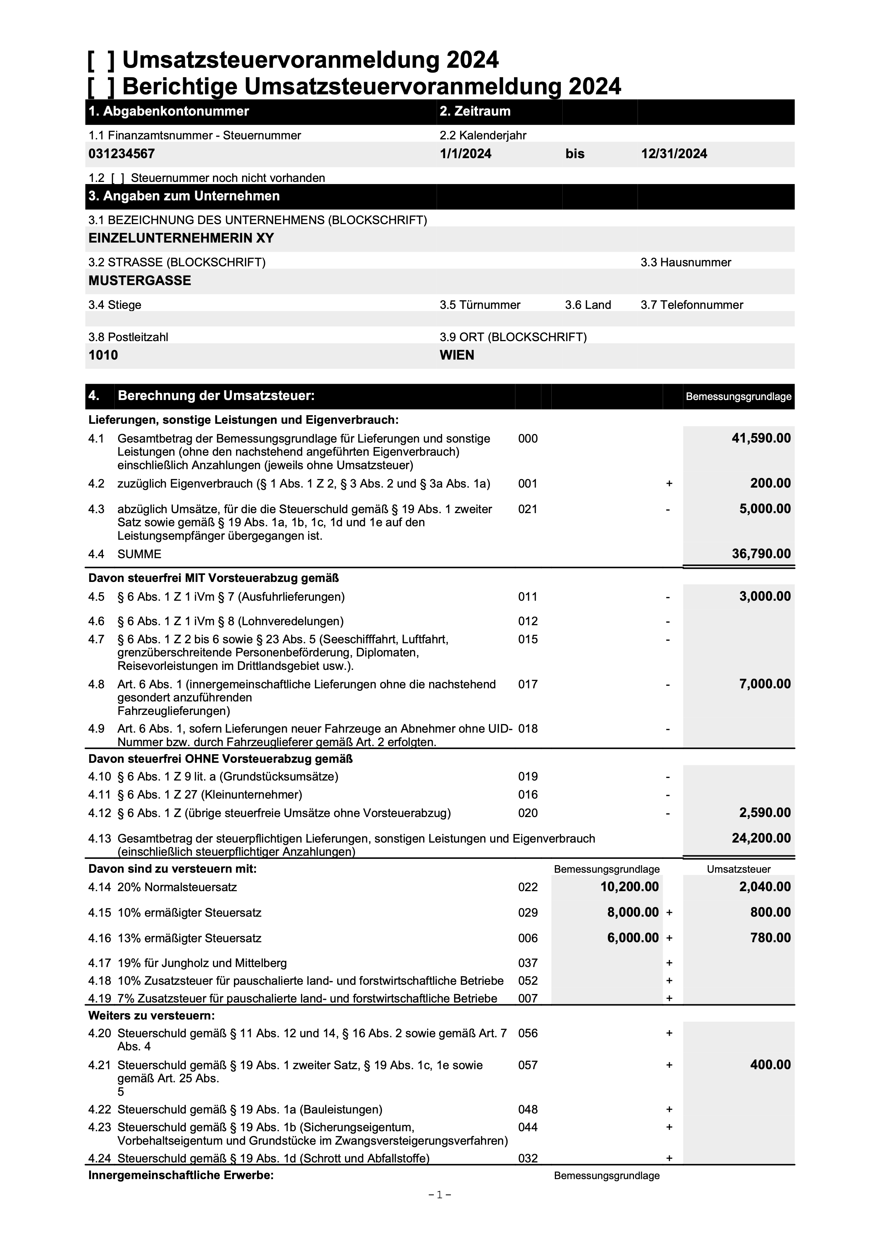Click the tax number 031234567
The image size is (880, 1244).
click(x=121, y=154)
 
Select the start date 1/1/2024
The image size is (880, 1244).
click(x=465, y=154)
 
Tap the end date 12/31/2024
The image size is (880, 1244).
click(x=674, y=154)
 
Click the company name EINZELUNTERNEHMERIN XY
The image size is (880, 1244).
click(x=181, y=238)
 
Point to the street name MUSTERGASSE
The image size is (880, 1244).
click(x=140, y=281)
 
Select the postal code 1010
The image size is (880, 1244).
click(x=103, y=355)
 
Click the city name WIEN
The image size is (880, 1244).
click(x=457, y=355)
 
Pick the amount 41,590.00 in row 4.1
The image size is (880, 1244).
click(x=761, y=438)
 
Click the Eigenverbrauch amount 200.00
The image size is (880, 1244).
click(x=770, y=483)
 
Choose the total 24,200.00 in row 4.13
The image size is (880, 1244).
click(x=761, y=838)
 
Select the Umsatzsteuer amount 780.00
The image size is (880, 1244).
click(x=770, y=938)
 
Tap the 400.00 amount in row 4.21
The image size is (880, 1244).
click(x=770, y=1065)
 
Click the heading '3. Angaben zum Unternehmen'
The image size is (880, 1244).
click(x=184, y=196)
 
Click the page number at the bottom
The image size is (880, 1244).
click(x=440, y=1210)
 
